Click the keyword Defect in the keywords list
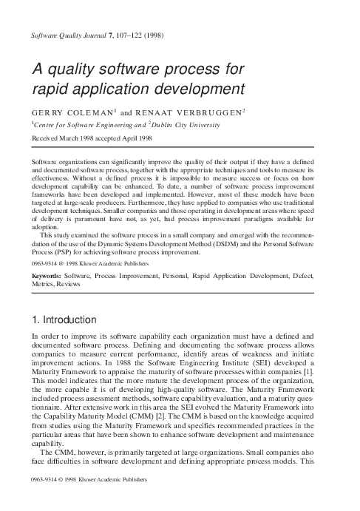[x=302, y=274]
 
